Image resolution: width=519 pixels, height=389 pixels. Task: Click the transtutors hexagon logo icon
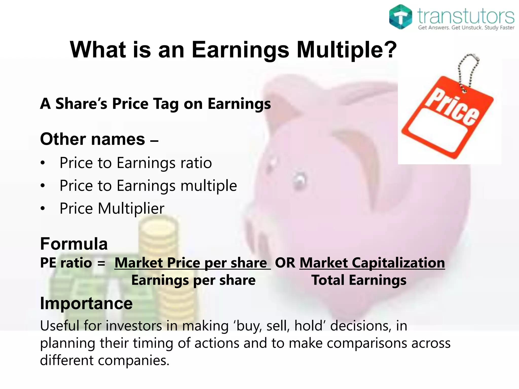point(400,17)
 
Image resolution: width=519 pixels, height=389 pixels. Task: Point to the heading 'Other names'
point(93,139)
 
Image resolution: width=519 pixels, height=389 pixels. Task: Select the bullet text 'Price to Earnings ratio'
point(136,163)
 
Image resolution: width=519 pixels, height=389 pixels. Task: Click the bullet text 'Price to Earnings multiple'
point(148,186)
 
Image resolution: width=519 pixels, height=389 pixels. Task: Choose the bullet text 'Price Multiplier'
point(112,208)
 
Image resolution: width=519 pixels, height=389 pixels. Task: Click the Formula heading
point(74,244)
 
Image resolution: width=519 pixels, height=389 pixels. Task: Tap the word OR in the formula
point(285,263)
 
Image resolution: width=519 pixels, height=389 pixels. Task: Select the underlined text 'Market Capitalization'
point(372,263)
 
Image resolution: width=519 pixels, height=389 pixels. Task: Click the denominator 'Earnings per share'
point(193,280)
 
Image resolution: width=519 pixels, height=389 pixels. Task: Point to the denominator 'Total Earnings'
point(359,280)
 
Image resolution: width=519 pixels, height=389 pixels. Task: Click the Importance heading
point(86,303)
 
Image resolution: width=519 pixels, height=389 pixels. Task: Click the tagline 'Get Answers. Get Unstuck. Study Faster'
point(466,28)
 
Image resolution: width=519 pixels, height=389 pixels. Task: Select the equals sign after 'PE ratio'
point(101,263)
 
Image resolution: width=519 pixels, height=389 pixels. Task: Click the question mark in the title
point(389,50)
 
